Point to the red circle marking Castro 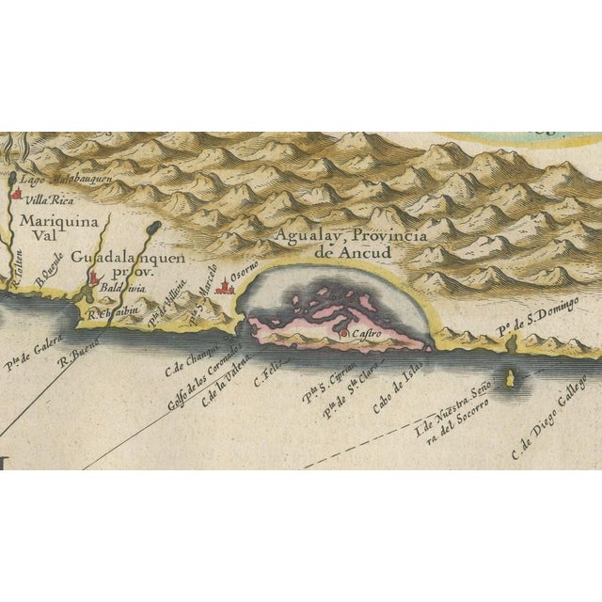[x=343, y=334]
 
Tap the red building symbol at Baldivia [x=94, y=278]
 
